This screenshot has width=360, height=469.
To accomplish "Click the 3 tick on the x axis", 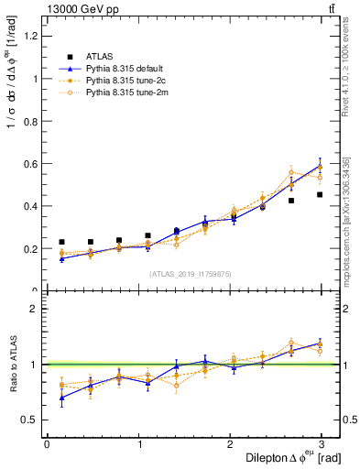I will click(323, 444).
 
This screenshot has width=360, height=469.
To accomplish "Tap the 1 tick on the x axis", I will click(139, 444).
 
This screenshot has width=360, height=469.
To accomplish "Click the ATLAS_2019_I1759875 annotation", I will click(190, 274).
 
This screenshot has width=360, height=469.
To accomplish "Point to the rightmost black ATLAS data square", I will click(320, 194).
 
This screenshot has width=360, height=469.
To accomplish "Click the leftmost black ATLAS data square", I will click(61, 242).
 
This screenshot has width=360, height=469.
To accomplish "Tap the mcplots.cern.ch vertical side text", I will click(345, 220).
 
